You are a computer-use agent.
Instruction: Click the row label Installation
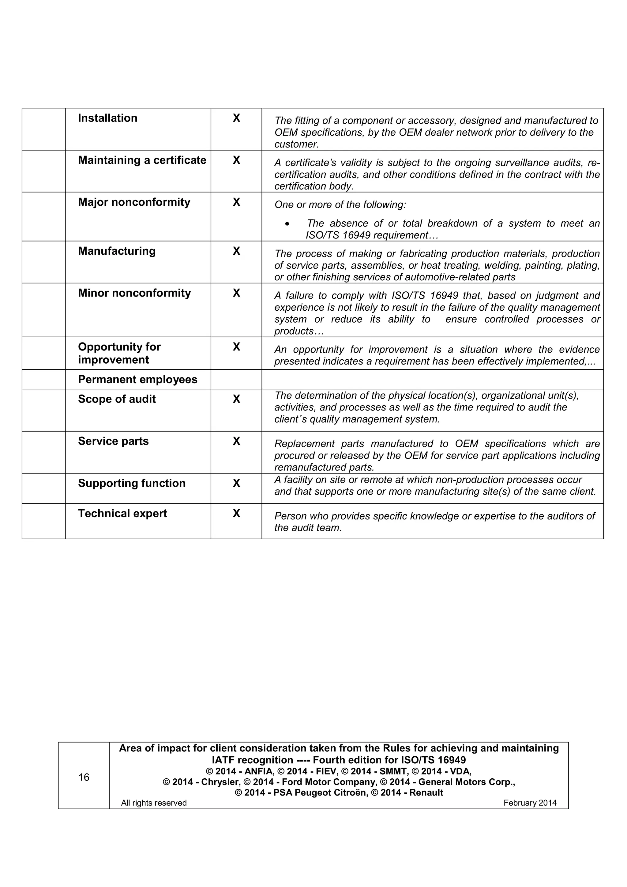click(107, 118)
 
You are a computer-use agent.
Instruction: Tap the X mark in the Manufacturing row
click(236, 251)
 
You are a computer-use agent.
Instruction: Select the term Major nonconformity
click(134, 202)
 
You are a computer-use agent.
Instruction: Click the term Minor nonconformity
click(134, 293)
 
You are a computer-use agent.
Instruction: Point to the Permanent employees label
click(137, 380)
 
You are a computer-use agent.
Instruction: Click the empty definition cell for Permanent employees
click(432, 379)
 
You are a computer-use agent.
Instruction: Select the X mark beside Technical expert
click(236, 513)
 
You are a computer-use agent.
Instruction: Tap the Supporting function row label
click(132, 483)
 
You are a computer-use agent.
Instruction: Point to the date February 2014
click(530, 803)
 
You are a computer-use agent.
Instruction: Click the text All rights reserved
click(154, 803)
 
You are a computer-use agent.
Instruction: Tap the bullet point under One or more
click(287, 224)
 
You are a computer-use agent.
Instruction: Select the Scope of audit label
click(117, 399)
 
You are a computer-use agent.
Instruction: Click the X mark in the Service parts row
click(236, 441)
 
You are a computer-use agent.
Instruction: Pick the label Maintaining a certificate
click(142, 160)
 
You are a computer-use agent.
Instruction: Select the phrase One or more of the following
click(340, 205)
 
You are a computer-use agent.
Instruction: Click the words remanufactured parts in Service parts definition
click(324, 467)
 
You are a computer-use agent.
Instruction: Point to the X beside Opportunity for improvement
click(236, 347)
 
